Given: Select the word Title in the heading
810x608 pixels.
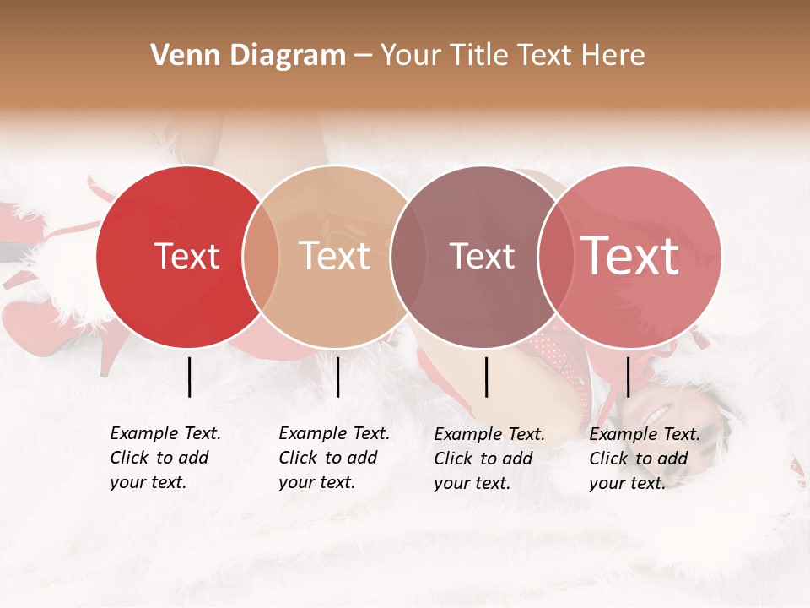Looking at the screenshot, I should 478,56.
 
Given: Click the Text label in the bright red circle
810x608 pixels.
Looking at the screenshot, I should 186,256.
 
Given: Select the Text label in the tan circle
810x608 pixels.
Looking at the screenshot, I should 335,256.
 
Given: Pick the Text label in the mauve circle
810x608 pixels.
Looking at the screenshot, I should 482,256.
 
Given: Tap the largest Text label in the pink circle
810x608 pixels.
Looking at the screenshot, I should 630,256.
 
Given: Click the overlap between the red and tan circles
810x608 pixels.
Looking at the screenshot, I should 261,256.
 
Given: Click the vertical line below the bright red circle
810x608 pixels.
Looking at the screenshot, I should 189,377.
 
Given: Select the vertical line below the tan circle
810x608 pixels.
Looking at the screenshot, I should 337,377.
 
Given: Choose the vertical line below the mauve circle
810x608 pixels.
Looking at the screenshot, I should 486,377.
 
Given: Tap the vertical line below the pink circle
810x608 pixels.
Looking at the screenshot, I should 628,377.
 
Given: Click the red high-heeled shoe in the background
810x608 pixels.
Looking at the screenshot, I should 51,325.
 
